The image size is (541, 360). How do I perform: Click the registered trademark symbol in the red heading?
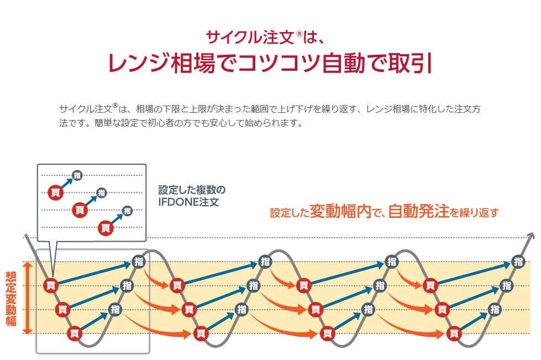coord(299,34)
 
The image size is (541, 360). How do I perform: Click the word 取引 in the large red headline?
coord(410,63)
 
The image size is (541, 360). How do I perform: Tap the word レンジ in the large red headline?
coord(139,63)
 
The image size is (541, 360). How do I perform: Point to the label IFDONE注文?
coord(188,202)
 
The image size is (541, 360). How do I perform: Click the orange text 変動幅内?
coord(340,211)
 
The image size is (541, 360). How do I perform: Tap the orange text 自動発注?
coord(418,211)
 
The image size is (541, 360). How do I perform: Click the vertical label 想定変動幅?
coord(10,299)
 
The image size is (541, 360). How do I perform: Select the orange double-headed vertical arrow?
coord(28,298)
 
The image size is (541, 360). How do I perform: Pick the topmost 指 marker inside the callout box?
coord(77,175)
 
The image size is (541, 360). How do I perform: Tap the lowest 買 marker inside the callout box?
coord(106,228)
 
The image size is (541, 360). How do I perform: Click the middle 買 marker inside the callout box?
coord(80,210)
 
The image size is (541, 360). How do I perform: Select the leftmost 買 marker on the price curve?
coord(51,285)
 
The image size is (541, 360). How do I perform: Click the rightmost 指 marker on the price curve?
coord(518,262)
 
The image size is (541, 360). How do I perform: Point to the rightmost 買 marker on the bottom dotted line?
coord(454,333)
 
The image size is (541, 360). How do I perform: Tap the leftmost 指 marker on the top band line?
coord(139,262)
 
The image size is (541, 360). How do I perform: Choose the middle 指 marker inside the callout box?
coord(102,192)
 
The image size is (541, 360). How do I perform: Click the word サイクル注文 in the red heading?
coord(250,37)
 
